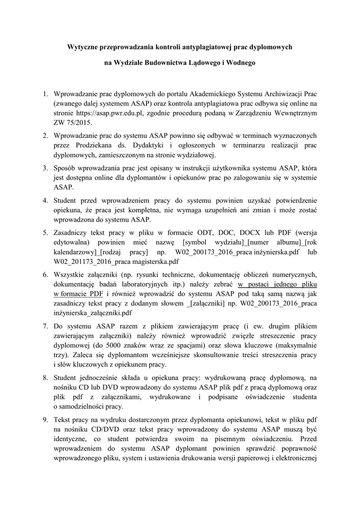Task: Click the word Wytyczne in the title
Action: coord(82,47)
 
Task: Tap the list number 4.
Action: coord(44,200)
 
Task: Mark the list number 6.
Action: coord(44,274)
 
